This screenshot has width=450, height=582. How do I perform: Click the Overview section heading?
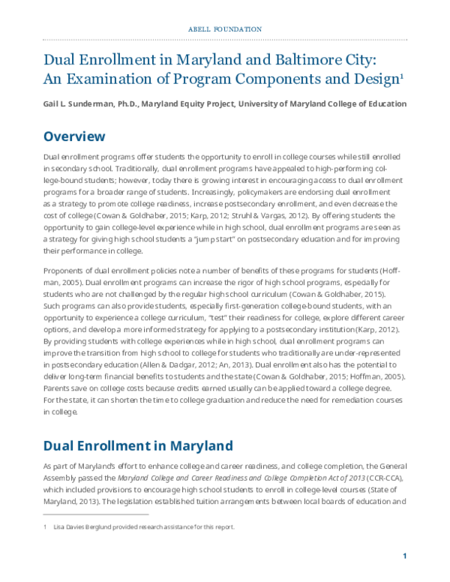point(74,136)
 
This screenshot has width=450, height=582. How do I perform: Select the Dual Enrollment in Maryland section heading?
point(138,445)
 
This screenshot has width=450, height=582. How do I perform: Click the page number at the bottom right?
point(404,556)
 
